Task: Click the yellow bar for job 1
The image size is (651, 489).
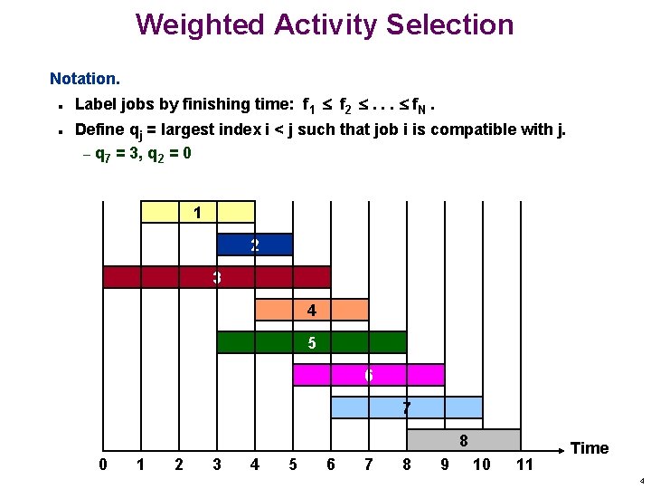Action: point(198,212)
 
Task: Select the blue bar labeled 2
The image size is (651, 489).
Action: point(255,244)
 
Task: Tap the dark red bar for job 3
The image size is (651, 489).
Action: point(216,277)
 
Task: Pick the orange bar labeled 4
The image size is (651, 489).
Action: point(311,310)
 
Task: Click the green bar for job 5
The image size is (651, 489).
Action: point(311,342)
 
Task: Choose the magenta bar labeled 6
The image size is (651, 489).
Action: point(368,375)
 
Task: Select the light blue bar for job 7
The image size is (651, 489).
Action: point(406,407)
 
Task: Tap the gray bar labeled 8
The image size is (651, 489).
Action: point(463,440)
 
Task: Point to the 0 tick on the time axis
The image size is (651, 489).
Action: point(103,465)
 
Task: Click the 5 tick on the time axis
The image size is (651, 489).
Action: point(292,465)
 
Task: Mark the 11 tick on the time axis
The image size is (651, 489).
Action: point(524,465)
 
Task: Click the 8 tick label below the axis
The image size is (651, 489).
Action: point(406,465)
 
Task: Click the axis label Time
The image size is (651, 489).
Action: point(590,448)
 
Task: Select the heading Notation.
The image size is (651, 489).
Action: point(84,80)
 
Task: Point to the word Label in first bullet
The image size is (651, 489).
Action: point(94,104)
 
